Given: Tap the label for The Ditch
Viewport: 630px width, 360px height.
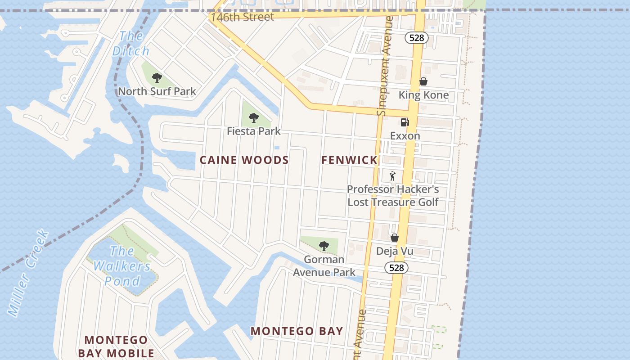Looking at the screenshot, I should [x=130, y=44].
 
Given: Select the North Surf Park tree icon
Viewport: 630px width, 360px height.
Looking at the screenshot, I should [x=157, y=78].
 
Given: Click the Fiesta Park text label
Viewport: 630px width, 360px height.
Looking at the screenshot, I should [x=253, y=131].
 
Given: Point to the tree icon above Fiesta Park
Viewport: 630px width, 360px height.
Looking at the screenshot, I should [x=254, y=118].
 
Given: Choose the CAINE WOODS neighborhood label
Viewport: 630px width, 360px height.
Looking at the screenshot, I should [x=244, y=160].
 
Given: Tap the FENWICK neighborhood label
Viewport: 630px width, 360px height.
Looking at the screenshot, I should [x=349, y=160].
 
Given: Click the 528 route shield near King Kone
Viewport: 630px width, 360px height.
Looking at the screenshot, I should [x=416, y=38].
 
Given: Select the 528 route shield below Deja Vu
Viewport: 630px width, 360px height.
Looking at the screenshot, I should [x=396, y=268].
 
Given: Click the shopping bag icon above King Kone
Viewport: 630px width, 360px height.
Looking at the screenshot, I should [x=423, y=81].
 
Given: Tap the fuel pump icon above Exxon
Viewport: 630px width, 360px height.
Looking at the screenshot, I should [x=405, y=122].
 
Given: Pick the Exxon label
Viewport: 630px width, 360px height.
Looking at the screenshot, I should [x=405, y=136].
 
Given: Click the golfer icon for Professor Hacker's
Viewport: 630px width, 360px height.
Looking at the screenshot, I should [x=392, y=176].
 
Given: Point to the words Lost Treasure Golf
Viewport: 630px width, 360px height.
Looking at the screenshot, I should [x=393, y=202].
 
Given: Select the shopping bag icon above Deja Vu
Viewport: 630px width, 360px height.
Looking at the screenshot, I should [x=395, y=238].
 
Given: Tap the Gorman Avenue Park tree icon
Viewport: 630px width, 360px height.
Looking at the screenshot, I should [x=324, y=246].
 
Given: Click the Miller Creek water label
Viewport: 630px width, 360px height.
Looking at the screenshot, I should [x=28, y=273].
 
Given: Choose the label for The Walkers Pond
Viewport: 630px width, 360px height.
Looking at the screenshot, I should [x=122, y=266].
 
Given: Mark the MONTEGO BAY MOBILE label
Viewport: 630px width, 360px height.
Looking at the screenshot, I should [x=116, y=346].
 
